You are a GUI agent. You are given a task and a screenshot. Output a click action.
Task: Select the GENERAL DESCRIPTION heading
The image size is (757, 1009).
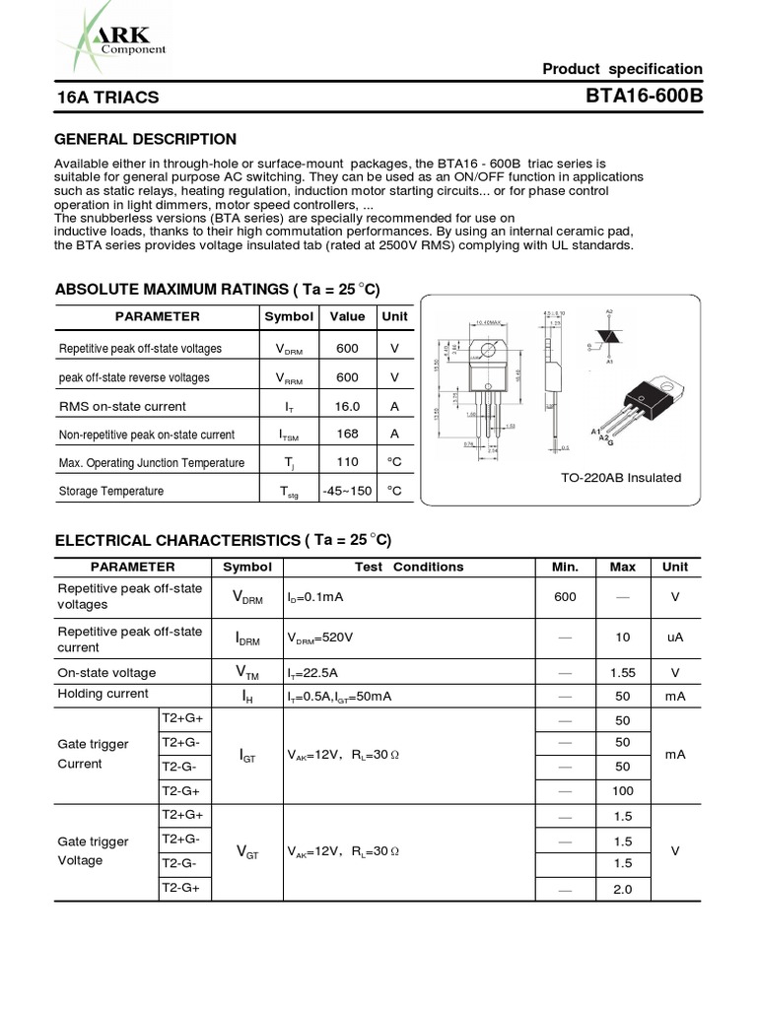coord(145,139)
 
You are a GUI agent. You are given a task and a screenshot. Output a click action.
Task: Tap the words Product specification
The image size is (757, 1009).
coord(623,69)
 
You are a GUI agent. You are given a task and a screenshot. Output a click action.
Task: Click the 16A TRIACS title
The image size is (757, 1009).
coord(106,98)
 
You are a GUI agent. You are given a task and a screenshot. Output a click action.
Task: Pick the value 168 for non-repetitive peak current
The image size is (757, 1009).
coord(347,434)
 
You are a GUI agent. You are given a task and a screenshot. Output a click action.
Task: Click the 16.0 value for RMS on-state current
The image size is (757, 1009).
coord(347,406)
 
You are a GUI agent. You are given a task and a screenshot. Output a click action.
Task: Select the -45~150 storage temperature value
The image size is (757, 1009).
coord(347,491)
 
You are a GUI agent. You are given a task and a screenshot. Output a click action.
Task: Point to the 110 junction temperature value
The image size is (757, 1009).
coord(347,462)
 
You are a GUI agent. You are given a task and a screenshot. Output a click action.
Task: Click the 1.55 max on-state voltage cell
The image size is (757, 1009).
coord(622,673)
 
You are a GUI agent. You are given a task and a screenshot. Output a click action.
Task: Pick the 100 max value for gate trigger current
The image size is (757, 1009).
coord(622,791)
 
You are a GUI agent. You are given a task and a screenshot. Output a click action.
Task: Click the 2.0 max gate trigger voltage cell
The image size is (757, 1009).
coord(622,889)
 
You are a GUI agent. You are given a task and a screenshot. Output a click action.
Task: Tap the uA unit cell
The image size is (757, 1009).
coord(675,638)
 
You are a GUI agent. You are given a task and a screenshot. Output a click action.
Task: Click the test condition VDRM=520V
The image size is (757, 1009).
coord(320,639)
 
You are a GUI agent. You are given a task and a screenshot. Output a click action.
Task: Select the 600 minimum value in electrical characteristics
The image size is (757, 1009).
coord(565,596)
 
